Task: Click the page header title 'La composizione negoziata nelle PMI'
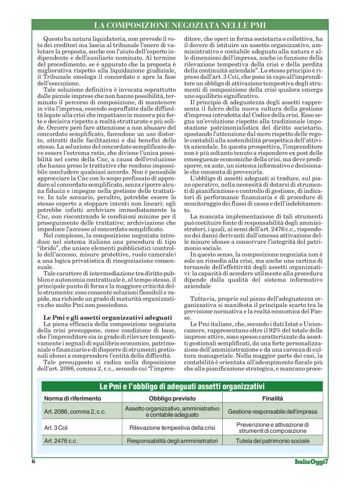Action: click(180, 25)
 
